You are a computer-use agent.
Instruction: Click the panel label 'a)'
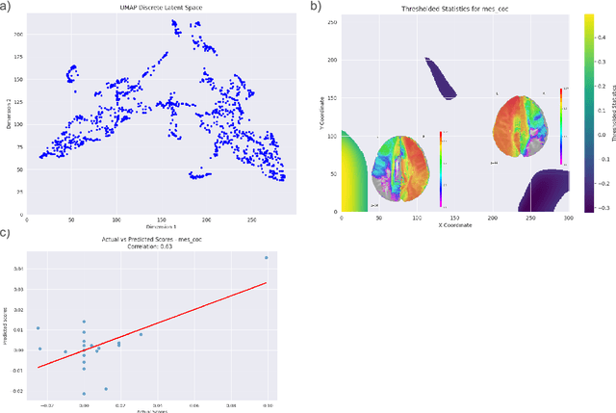(x=6, y=6)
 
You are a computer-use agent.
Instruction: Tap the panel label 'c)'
(x=6, y=230)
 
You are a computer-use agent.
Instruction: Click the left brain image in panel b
(x=403, y=171)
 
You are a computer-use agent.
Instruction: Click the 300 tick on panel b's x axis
(x=569, y=219)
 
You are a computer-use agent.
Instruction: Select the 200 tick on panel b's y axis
(x=333, y=60)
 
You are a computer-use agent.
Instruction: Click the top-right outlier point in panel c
(x=266, y=258)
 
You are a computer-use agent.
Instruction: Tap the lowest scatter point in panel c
(x=84, y=393)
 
